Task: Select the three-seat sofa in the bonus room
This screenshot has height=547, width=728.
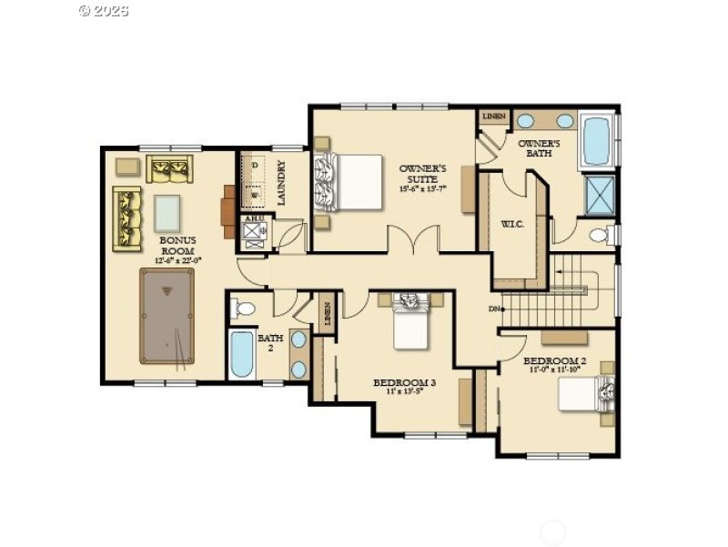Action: click(x=127, y=218)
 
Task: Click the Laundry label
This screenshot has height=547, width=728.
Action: click(x=282, y=183)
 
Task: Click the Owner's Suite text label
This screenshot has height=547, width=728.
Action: click(x=423, y=177)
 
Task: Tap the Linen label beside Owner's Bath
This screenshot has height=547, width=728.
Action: click(x=494, y=116)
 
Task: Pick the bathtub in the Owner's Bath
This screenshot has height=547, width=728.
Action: click(x=596, y=139)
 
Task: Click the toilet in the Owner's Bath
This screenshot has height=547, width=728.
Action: click(x=601, y=236)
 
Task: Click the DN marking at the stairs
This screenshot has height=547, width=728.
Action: click(x=494, y=309)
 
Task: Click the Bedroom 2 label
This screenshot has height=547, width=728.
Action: click(x=551, y=365)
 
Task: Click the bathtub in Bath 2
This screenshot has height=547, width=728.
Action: click(x=242, y=355)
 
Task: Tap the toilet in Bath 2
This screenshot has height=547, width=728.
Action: click(x=244, y=309)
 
